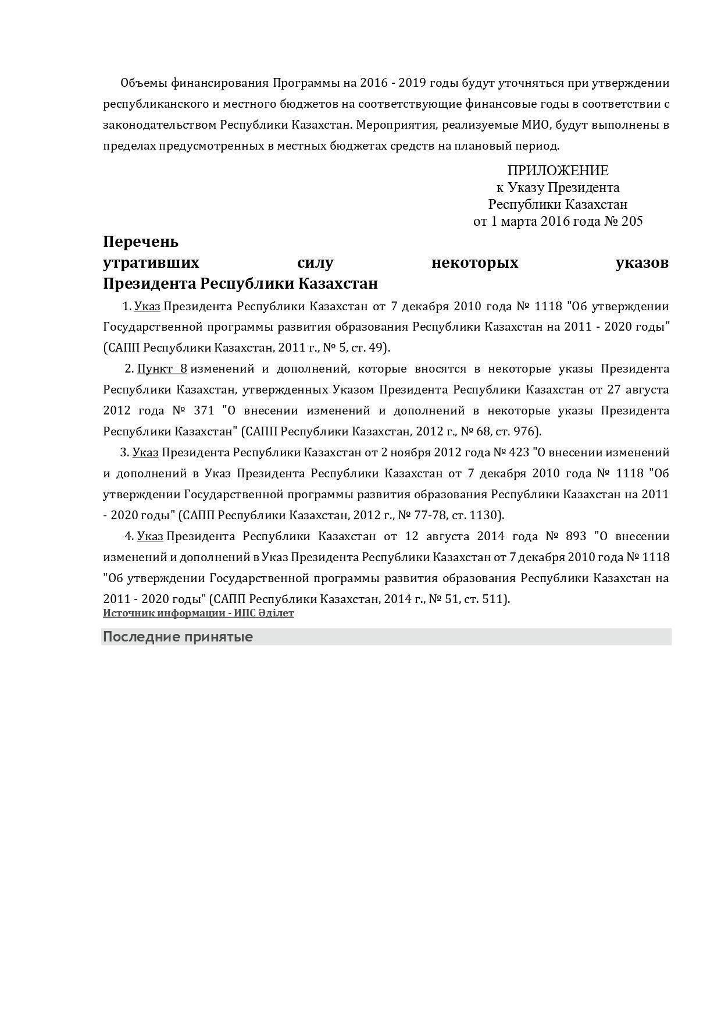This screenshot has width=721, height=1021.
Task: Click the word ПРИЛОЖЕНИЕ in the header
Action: (558, 171)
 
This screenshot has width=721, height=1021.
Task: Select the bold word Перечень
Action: (141, 242)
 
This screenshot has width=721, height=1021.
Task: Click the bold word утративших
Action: (151, 263)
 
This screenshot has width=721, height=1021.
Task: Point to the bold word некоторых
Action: (474, 263)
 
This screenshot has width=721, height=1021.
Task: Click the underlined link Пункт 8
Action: (162, 368)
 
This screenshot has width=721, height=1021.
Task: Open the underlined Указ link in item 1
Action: (147, 306)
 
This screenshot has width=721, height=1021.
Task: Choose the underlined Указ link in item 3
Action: (145, 452)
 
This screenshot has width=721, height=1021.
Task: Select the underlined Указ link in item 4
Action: (150, 536)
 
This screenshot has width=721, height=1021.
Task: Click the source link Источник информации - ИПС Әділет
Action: (198, 613)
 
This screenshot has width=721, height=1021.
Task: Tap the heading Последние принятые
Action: (178, 637)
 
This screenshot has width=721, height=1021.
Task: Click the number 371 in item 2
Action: (204, 410)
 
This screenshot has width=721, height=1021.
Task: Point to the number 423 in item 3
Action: (519, 452)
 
